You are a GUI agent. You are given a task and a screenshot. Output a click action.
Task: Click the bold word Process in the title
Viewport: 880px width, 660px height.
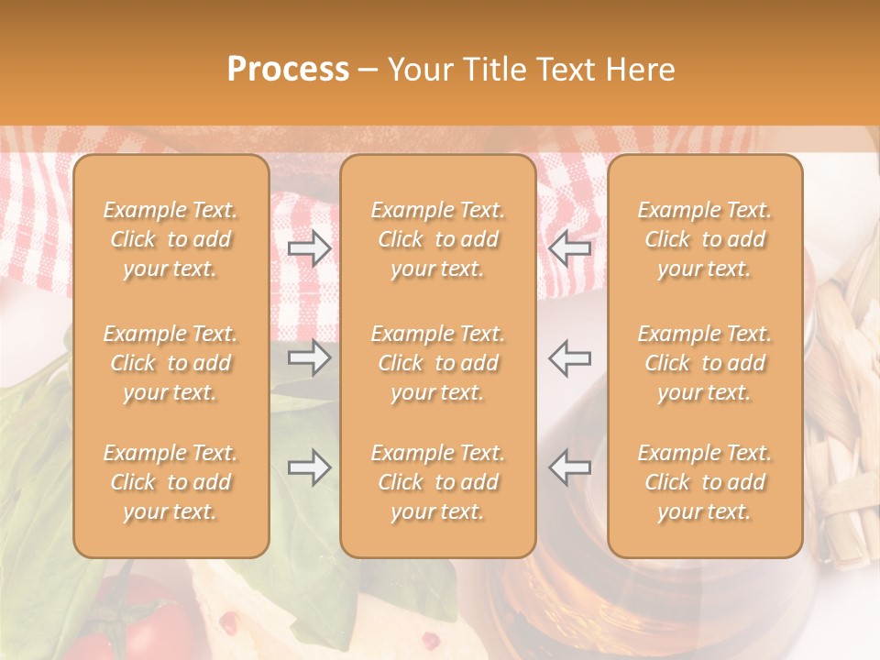pos(288,70)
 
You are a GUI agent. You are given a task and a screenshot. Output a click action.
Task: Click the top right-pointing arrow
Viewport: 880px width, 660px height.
pos(310,247)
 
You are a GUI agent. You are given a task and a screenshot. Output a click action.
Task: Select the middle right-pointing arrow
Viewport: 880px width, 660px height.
pos(310,357)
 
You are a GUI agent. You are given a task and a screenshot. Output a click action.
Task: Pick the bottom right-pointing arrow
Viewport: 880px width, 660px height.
pos(310,467)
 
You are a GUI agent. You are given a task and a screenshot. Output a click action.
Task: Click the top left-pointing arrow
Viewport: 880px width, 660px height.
pos(570,247)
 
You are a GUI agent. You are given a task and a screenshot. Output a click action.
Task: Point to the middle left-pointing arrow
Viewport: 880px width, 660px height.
pos(570,357)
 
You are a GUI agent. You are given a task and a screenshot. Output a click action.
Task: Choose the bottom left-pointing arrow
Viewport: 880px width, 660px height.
pos(570,467)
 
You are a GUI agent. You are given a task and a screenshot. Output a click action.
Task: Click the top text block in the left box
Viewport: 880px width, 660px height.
pos(170,239)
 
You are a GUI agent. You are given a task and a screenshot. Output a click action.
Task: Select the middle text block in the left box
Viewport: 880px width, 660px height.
pos(170,363)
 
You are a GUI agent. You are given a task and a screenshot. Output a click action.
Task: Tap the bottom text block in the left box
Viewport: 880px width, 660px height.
pos(170,482)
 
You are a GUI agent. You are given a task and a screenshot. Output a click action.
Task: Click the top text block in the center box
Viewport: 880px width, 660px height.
pos(438,239)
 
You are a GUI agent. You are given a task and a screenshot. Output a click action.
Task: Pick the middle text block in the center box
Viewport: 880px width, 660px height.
pos(438,363)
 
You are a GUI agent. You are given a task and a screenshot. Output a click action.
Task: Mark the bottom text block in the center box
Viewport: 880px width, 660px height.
pos(438,482)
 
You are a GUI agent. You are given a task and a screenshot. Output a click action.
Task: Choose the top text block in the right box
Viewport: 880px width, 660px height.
pos(705,239)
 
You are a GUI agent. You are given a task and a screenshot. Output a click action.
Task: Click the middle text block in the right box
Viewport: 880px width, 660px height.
pos(705,363)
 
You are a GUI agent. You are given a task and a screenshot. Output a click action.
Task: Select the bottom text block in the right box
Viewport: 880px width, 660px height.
pos(705,482)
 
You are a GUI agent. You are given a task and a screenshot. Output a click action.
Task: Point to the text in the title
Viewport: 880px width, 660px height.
pos(451,70)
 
